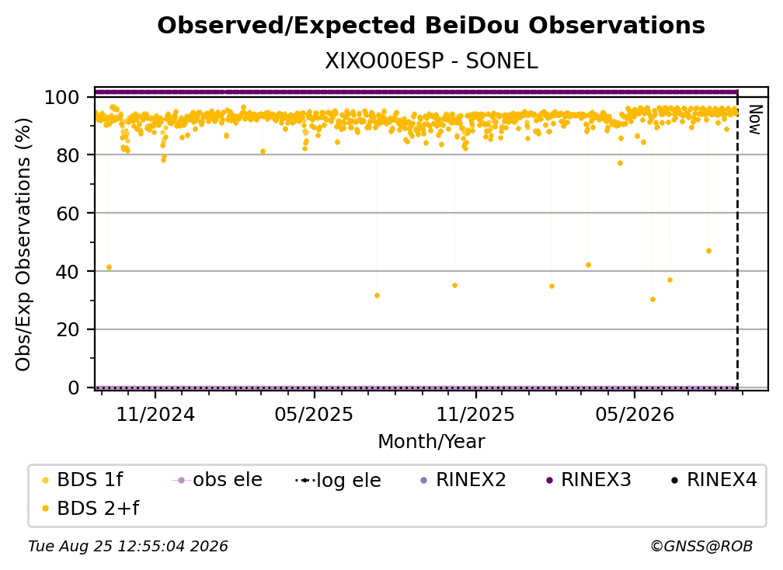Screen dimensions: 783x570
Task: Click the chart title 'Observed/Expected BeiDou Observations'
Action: pos(431,26)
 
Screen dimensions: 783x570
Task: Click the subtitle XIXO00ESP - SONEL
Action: pos(431,61)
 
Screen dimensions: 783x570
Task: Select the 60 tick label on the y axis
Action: pos(68,214)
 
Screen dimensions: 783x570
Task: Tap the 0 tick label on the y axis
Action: pos(74,388)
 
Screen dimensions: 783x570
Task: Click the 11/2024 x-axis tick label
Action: pos(155,414)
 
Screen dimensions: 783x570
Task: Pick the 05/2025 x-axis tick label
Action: pos(314,414)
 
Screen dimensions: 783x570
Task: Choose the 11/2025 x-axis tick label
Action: pos(475,414)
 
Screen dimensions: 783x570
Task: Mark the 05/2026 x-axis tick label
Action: pos(635,414)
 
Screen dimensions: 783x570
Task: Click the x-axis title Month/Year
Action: pos(431,441)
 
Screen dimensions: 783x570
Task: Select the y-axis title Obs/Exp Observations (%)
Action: pos(23,245)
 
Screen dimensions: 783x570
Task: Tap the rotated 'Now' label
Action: pos(755,120)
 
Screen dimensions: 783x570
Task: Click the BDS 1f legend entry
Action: pos(82,480)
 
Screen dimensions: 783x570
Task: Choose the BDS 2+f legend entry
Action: pos(90,508)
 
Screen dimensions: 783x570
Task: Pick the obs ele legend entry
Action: pos(217,480)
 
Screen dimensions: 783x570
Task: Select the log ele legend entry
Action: pos(339,480)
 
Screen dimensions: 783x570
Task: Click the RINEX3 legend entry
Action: pos(589,480)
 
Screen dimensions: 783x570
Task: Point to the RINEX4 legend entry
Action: pos(715,480)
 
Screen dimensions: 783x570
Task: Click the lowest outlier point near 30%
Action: pos(652,300)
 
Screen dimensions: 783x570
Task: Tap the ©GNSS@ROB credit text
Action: pos(701,546)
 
